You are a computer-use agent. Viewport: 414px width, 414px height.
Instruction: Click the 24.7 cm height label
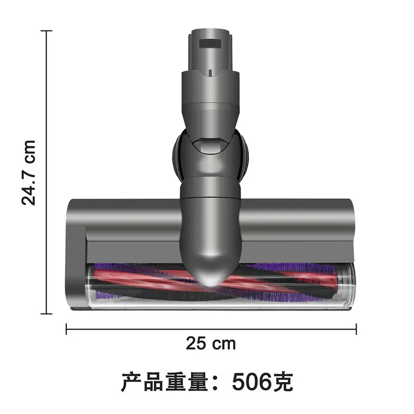[29, 172]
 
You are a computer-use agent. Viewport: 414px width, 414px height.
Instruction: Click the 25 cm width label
[211, 343]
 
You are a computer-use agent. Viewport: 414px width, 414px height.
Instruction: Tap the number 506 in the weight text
[250, 383]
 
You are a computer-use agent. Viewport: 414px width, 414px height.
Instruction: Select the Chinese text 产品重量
[166, 383]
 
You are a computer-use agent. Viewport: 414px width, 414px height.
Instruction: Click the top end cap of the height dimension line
[47, 31]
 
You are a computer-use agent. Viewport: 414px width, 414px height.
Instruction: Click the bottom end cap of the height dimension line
[47, 313]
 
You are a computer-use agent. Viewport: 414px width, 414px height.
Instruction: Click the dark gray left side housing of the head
[76, 259]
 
